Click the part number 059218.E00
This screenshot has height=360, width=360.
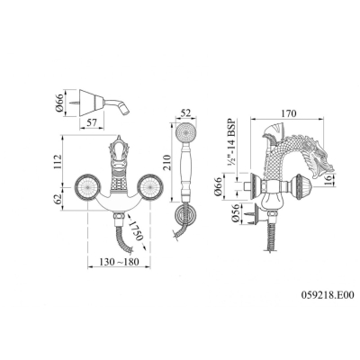[x=328, y=295]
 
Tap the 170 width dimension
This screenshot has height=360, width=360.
[x=288, y=113]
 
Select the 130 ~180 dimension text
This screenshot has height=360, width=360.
[x=120, y=262]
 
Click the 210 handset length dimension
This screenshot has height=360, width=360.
[x=167, y=162]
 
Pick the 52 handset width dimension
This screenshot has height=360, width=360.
[x=186, y=113]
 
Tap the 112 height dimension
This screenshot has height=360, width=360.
[x=57, y=162]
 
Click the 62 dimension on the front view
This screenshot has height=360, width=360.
[x=57, y=197]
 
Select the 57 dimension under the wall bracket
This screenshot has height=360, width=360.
[x=91, y=122]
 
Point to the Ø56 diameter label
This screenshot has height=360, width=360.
[x=236, y=213]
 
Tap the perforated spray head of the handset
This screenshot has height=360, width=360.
[x=185, y=132]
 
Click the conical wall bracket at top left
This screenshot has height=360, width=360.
[x=92, y=103]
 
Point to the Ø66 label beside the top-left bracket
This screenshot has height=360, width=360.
[x=59, y=103]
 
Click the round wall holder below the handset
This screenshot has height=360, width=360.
[x=185, y=214]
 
